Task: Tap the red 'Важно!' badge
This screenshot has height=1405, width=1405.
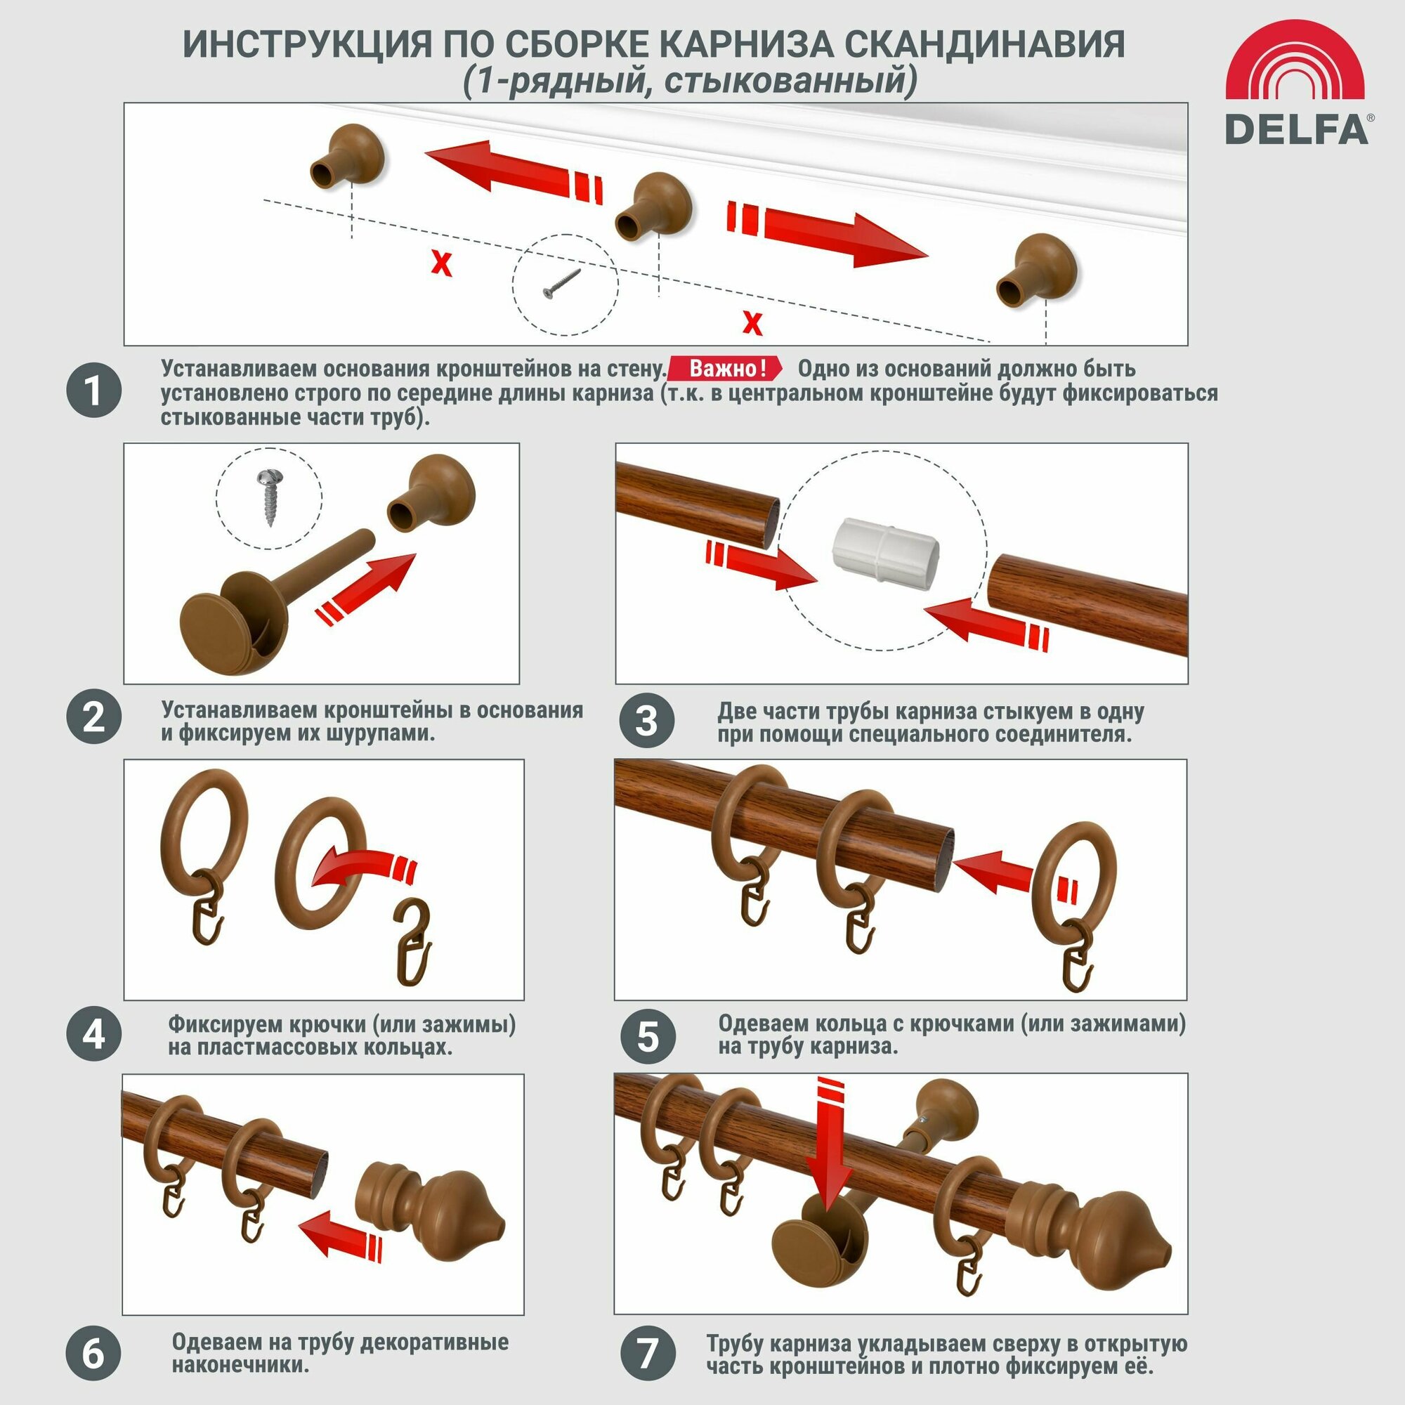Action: pos(726,368)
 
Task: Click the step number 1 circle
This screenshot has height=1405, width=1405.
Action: pos(94,391)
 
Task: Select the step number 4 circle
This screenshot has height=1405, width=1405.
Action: pos(94,1033)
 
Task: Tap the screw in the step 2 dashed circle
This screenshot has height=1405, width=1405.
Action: pos(269,497)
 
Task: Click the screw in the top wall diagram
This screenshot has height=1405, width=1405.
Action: pos(562,283)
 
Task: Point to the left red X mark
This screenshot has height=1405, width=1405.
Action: pos(440,263)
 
